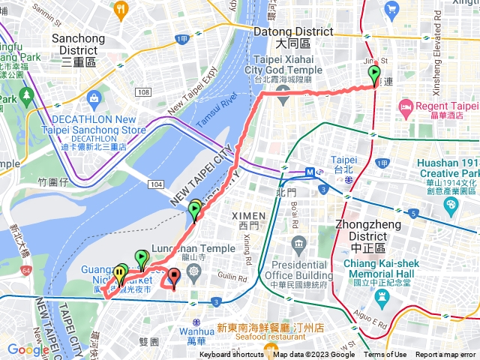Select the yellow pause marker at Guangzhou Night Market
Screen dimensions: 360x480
(119, 274)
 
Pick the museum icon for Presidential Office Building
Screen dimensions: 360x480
(300, 244)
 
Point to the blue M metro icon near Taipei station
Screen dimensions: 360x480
(310, 172)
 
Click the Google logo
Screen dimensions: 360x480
(28, 349)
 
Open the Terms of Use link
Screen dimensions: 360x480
(385, 355)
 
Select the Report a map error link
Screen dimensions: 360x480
(446, 355)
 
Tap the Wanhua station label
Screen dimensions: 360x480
(196, 335)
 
